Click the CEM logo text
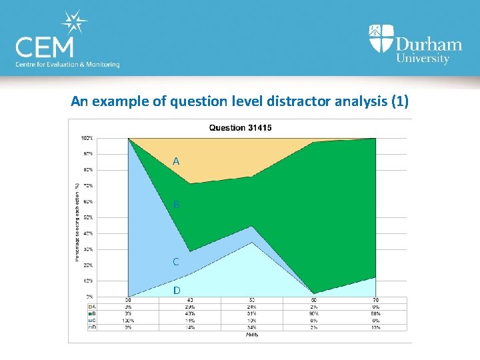click(x=46, y=47)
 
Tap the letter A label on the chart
click(x=176, y=161)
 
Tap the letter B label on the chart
click(x=176, y=205)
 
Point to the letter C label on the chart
click(x=176, y=262)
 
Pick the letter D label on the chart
click(x=176, y=291)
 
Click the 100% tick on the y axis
click(x=87, y=139)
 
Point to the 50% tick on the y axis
click(x=87, y=217)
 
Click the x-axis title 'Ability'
click(x=252, y=335)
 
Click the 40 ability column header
click(x=190, y=301)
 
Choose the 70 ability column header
click(x=376, y=301)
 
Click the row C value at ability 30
click(x=128, y=321)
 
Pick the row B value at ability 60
click(x=314, y=314)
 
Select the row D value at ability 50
click(x=252, y=327)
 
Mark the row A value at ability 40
click(x=190, y=307)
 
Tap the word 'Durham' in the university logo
click(x=428, y=45)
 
